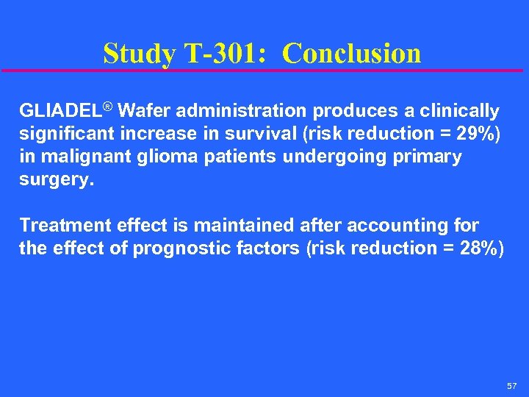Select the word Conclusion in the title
click(x=352, y=53)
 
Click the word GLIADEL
click(x=60, y=111)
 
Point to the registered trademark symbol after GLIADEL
click(x=108, y=108)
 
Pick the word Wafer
click(x=140, y=111)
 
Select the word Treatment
click(x=63, y=225)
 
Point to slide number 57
click(x=512, y=386)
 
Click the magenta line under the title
click(x=264, y=71)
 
